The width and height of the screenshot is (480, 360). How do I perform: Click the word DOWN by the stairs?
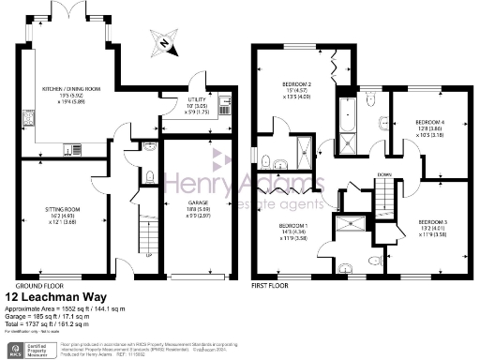point(385,172)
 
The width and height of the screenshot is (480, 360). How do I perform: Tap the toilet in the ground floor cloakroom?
point(151,174)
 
